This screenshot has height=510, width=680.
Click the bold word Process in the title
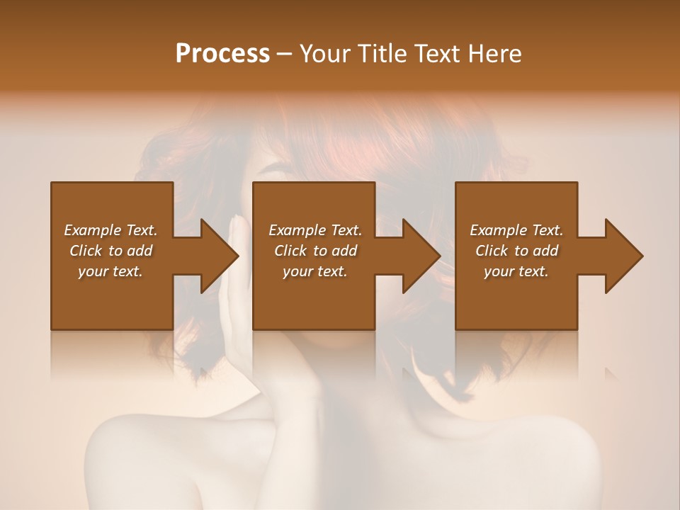[x=222, y=54]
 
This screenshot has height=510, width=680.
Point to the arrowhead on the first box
[x=220, y=256]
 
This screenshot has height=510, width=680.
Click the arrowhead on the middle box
[x=422, y=256]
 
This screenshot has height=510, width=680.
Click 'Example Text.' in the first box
[x=110, y=230]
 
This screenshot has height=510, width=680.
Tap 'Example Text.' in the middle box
[x=315, y=230]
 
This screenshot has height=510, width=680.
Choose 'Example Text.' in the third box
[x=516, y=230]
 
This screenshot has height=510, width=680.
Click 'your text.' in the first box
[x=110, y=271]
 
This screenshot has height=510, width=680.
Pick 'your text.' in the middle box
[x=315, y=271]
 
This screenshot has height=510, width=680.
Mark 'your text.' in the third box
[x=516, y=271]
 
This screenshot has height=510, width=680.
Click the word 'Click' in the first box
[x=86, y=251]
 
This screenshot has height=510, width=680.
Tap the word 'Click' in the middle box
[x=290, y=251]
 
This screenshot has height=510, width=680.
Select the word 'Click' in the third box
[x=492, y=251]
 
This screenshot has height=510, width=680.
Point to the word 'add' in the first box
[x=140, y=251]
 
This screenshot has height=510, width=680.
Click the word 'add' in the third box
[x=546, y=251]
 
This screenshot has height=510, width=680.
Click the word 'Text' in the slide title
[x=434, y=54]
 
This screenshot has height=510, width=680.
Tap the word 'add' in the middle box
[x=345, y=251]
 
